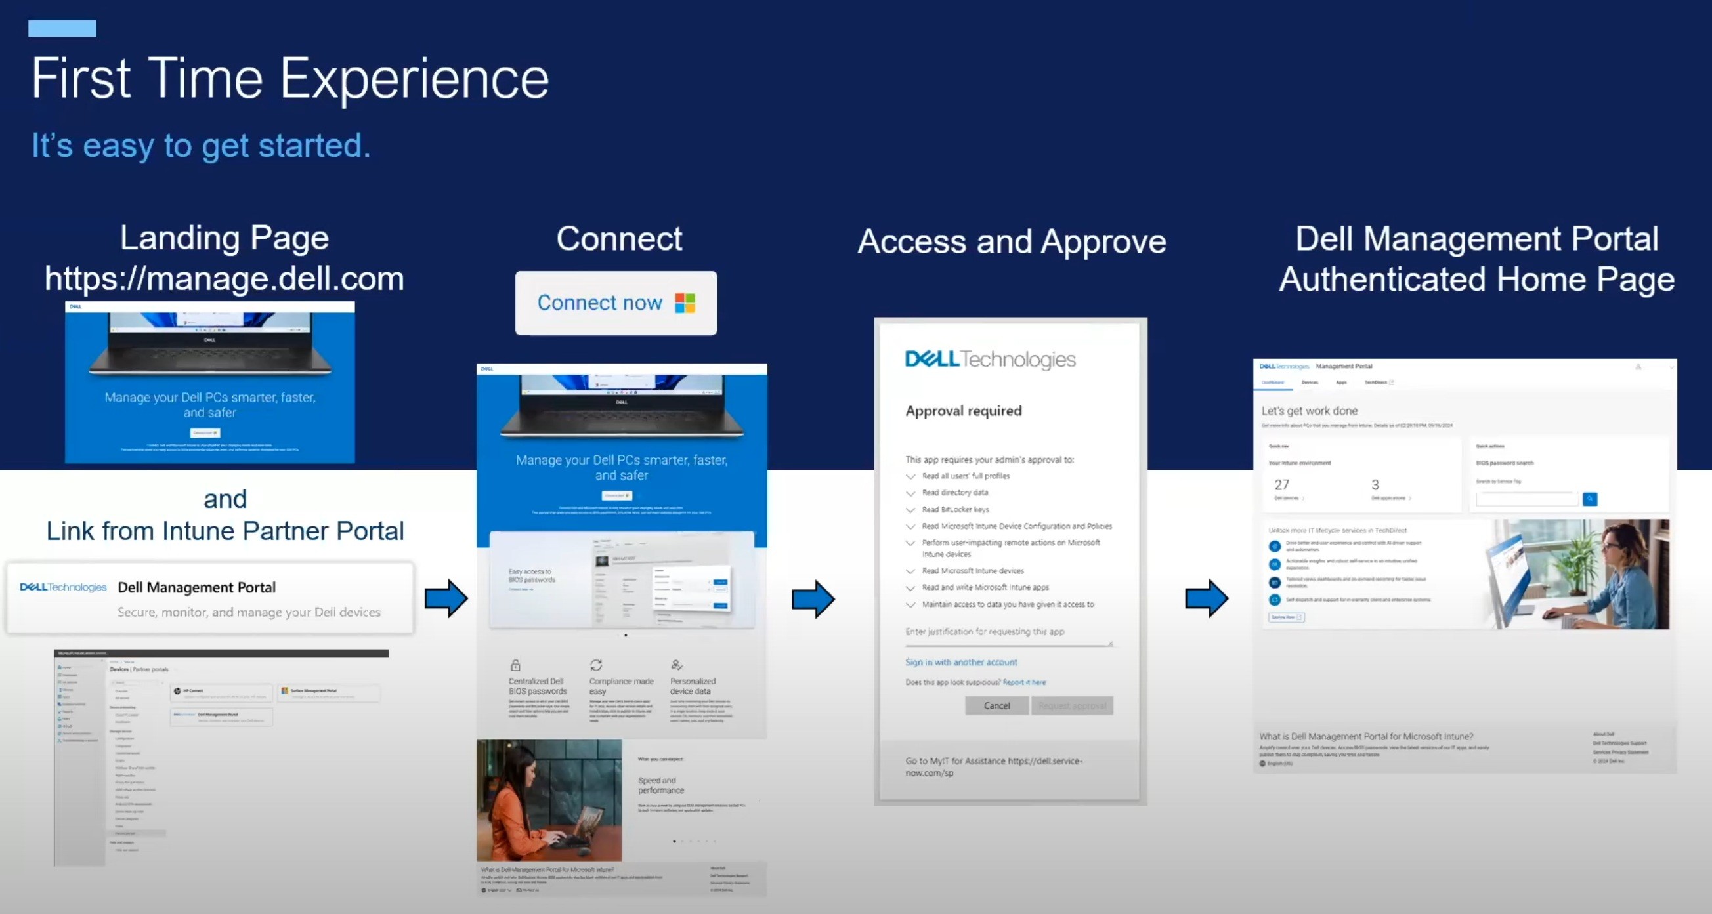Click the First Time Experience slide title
click(289, 79)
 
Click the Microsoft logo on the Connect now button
click(685, 303)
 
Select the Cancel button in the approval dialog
click(996, 705)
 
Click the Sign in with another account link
click(960, 662)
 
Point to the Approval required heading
click(963, 411)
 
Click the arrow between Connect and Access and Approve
click(813, 598)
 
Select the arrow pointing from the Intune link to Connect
click(446, 598)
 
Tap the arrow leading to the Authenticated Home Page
click(1207, 598)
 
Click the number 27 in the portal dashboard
click(1281, 485)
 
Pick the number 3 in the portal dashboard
click(1375, 485)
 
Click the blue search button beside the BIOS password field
click(1590, 499)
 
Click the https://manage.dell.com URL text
click(224, 279)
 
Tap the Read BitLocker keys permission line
click(955, 509)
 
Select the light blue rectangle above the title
click(62, 29)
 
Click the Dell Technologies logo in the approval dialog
click(989, 360)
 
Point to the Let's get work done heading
click(1309, 411)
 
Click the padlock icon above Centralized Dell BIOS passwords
click(515, 665)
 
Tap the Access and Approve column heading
click(1012, 241)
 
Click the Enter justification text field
click(1007, 633)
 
